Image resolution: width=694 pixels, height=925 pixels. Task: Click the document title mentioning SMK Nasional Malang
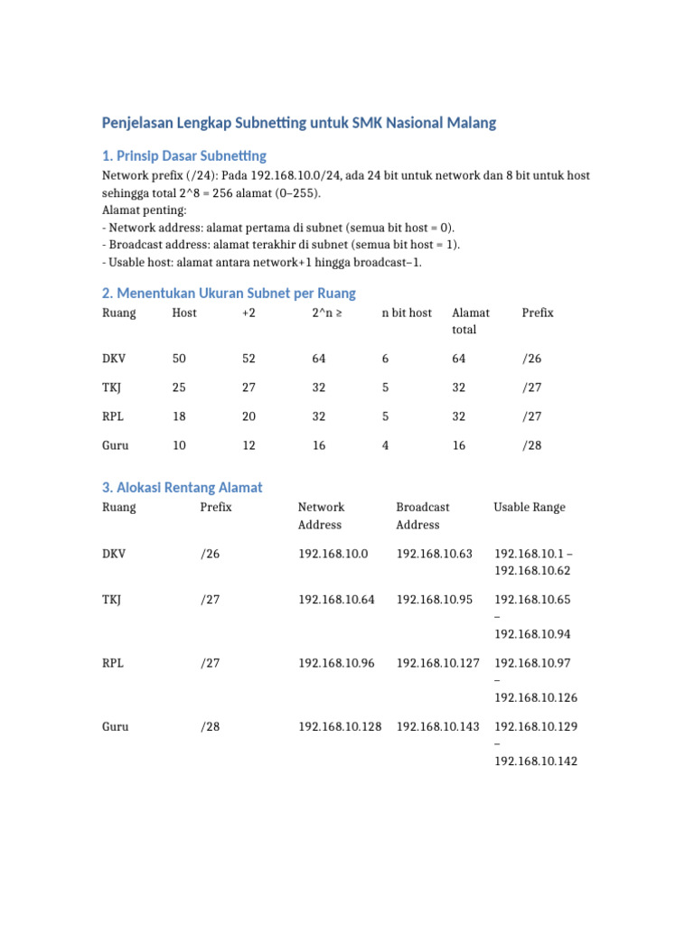tap(299, 123)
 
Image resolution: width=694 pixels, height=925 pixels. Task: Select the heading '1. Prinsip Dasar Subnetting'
tap(184, 155)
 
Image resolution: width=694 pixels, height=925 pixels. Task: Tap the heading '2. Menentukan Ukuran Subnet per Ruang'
tap(229, 293)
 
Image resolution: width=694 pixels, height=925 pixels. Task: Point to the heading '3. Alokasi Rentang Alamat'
tap(183, 488)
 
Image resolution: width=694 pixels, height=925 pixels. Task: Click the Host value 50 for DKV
tap(179, 359)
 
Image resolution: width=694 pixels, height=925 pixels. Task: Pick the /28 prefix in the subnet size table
tap(531, 445)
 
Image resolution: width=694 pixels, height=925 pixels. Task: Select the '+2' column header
tap(249, 313)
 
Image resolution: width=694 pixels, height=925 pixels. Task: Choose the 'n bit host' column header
tap(407, 313)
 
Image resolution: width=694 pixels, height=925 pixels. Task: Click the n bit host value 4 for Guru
tap(386, 445)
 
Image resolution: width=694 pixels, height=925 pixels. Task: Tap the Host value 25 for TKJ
tap(179, 388)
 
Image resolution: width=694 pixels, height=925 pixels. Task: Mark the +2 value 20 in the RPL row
tap(249, 416)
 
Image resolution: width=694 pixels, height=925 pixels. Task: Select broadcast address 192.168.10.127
tap(437, 662)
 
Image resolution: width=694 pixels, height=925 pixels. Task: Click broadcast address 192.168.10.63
tap(434, 553)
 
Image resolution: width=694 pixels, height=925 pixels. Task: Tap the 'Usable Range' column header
tap(530, 507)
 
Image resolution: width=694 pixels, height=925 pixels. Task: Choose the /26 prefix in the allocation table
tap(210, 553)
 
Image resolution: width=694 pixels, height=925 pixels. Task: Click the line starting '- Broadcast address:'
tap(282, 244)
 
